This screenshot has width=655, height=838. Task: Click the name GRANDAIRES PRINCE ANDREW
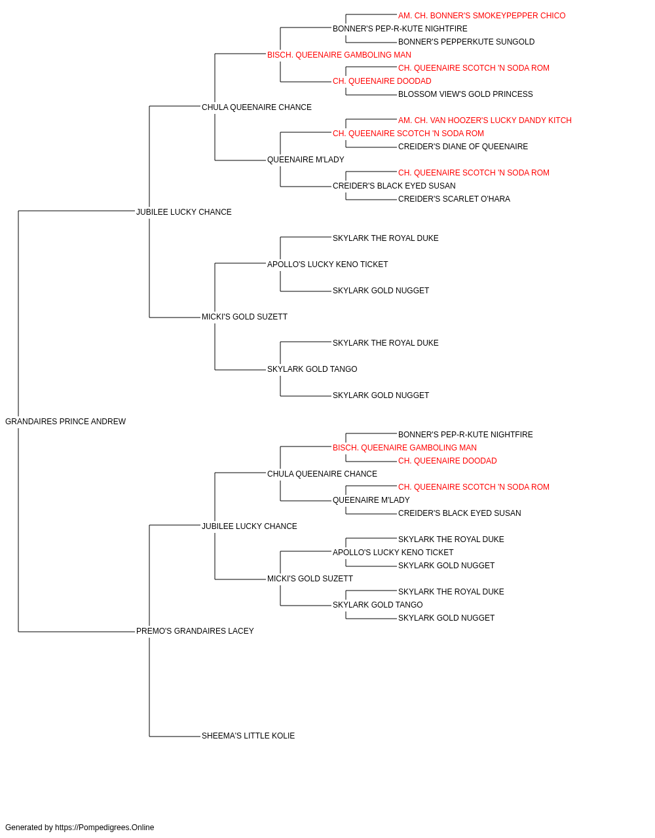(x=65, y=422)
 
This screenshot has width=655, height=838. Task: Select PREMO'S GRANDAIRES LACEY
(x=195, y=631)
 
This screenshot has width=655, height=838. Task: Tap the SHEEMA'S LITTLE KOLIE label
(x=248, y=736)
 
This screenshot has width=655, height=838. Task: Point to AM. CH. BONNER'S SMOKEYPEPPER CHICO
(x=482, y=16)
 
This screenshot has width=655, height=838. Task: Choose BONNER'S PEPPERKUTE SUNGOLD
(x=466, y=42)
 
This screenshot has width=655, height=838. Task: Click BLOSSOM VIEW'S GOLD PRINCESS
(x=465, y=94)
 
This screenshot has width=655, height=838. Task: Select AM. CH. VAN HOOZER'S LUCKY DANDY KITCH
(x=485, y=120)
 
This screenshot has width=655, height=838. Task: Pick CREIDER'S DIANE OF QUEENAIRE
(x=463, y=147)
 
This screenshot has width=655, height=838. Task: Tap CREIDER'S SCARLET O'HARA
(x=454, y=199)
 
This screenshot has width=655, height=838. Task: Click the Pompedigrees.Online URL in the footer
(x=104, y=828)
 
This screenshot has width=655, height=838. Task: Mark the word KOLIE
(x=283, y=736)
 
